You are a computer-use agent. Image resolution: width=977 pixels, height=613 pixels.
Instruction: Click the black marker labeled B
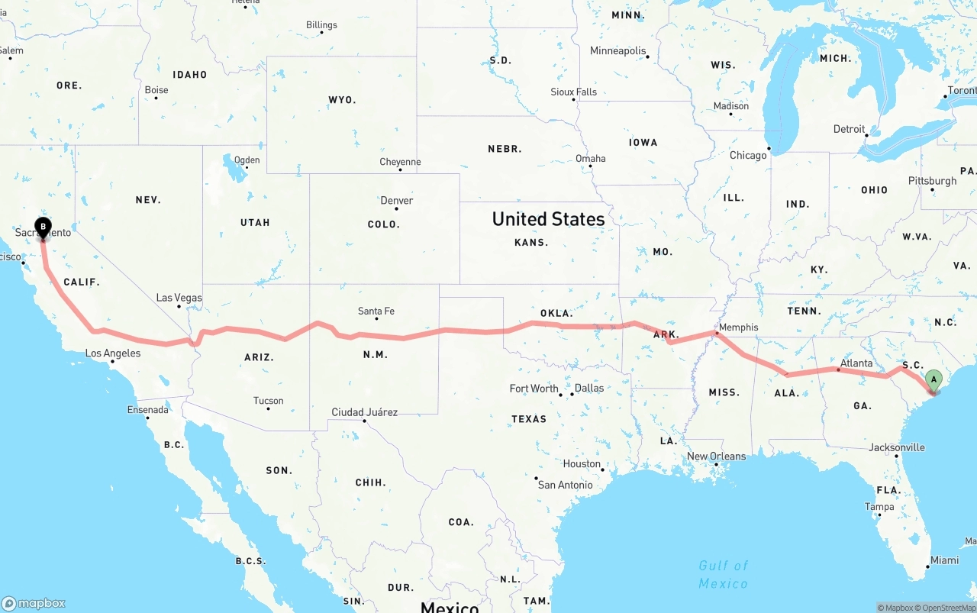[x=44, y=227]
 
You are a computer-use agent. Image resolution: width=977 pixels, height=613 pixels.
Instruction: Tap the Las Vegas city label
[x=179, y=298]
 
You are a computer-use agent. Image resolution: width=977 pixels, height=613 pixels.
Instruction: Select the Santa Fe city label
[x=376, y=311]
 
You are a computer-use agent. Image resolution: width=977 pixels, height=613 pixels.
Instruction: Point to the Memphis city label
[x=738, y=327]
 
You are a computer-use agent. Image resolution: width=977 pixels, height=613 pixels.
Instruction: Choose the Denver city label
[x=396, y=201]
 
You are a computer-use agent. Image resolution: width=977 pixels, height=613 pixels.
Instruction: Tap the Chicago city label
[x=747, y=155]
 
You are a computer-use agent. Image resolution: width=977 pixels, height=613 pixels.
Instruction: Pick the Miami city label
[x=944, y=560]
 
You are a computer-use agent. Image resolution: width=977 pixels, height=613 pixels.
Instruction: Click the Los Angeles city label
[x=112, y=353]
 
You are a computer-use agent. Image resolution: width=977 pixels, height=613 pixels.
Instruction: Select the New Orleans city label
[x=716, y=457]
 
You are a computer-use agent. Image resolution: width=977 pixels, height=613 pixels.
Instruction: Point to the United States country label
[x=548, y=219]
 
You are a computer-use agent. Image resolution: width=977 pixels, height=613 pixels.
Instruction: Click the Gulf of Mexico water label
[x=723, y=574]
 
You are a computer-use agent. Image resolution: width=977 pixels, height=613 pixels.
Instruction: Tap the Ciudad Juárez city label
[x=364, y=412]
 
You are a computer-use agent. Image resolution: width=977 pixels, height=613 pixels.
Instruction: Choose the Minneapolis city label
[x=617, y=50]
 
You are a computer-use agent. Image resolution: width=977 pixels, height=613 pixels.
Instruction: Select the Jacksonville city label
[x=896, y=447]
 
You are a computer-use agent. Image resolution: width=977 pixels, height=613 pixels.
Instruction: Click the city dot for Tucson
[x=268, y=408]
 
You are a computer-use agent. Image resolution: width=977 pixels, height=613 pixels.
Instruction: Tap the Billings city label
[x=321, y=25]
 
